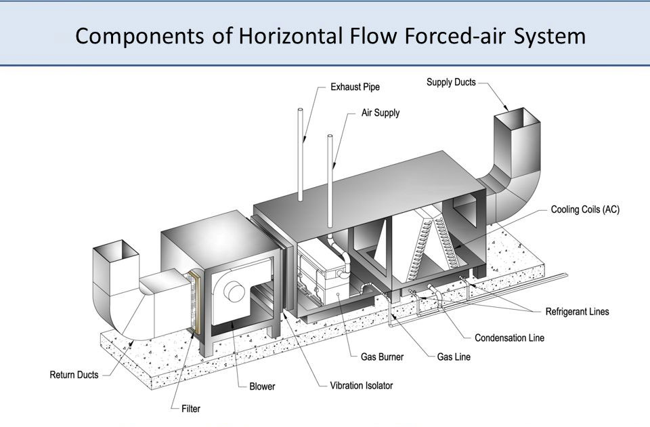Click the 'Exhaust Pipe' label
click(x=355, y=87)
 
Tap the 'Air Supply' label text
click(x=380, y=113)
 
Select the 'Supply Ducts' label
click(x=451, y=83)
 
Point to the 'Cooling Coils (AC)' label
click(x=585, y=210)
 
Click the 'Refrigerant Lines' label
click(x=577, y=312)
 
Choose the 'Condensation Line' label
click(x=509, y=338)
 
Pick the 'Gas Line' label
click(x=454, y=357)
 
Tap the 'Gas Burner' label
click(x=374, y=357)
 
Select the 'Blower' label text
click(x=262, y=386)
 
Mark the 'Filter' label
click(x=191, y=409)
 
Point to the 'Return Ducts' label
click(x=74, y=374)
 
